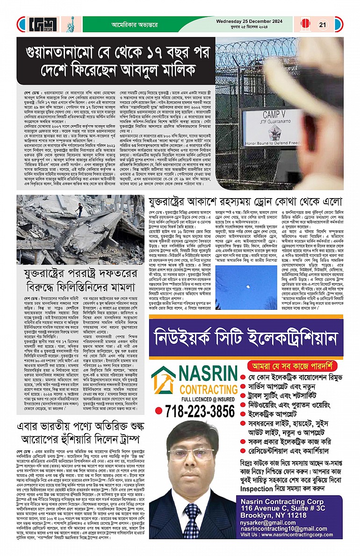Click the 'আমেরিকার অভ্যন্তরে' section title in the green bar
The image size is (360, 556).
[x=123, y=25]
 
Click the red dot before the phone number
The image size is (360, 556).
[x=159, y=412]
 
